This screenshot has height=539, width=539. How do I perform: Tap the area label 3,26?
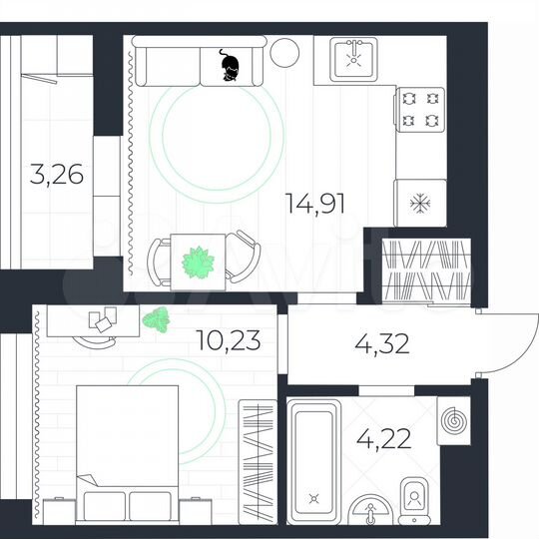coord(56,178)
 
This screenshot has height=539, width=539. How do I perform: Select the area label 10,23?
coord(230,340)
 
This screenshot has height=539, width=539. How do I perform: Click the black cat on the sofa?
coord(231,67)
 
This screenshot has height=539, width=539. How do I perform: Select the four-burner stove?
coord(419,110)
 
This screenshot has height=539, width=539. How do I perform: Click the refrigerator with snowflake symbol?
coord(418,204)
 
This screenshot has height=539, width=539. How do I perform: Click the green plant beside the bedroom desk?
coord(154,319)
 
